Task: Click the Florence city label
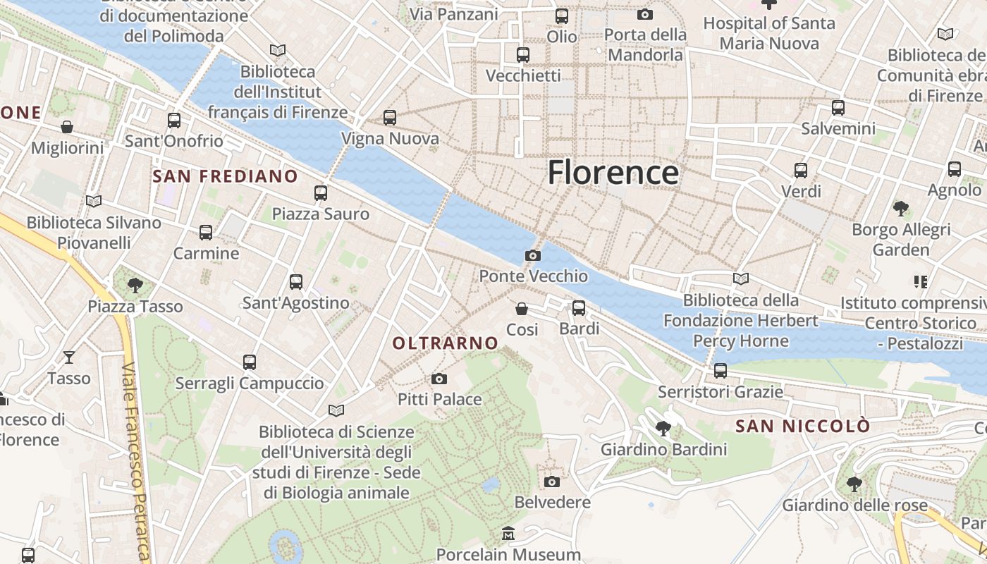613,173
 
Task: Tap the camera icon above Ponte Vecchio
533,255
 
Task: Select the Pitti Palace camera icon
439,379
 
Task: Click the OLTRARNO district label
445,343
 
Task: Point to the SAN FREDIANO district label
225,176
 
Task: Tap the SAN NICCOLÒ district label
802,427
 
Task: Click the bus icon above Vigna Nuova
390,118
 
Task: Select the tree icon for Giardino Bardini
663,428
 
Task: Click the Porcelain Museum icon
508,533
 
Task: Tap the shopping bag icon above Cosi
522,309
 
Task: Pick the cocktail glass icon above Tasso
68,357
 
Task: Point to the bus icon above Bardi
579,307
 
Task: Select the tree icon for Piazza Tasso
135,286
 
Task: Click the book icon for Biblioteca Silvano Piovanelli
93,202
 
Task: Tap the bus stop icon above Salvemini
838,108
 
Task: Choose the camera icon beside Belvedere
552,482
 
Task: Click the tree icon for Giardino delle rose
854,484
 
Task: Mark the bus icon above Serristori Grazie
720,371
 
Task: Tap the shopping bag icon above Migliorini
67,127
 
